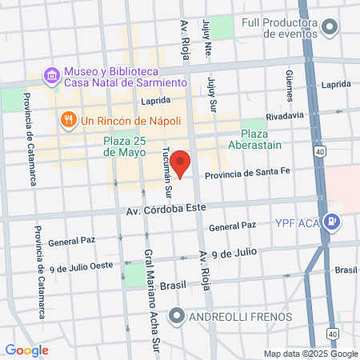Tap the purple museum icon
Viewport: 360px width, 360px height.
click(x=52, y=75)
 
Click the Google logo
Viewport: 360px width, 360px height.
click(x=26, y=350)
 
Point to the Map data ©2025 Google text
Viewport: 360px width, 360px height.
click(x=311, y=354)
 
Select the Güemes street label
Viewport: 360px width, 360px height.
click(x=290, y=85)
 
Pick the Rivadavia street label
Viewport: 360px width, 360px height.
click(x=285, y=115)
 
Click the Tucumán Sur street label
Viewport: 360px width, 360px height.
click(x=168, y=178)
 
